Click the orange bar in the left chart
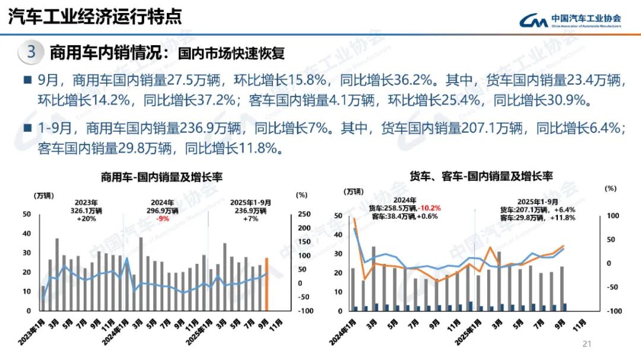(266, 284)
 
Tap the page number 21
(588, 343)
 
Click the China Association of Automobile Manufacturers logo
(570, 20)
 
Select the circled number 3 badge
(31, 52)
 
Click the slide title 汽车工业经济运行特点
(94, 17)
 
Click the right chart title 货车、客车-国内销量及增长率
(481, 176)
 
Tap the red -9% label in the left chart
(163, 218)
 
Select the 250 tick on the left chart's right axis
(303, 214)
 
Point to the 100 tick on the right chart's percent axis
(612, 216)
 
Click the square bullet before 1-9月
(27, 128)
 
